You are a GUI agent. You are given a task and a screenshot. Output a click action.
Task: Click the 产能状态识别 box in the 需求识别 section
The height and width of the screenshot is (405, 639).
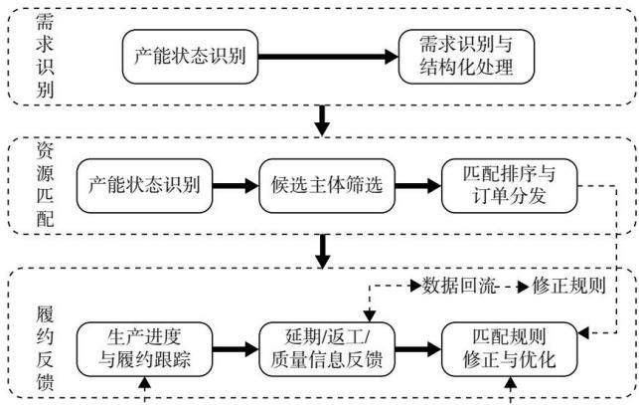coord(191,57)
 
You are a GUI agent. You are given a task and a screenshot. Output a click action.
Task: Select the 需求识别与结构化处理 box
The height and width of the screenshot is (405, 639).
coord(466,57)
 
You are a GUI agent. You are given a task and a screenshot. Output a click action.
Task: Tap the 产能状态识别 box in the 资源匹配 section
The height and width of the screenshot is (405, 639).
coord(145,186)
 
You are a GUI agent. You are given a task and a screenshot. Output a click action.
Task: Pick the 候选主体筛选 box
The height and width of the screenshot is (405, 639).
coord(327,186)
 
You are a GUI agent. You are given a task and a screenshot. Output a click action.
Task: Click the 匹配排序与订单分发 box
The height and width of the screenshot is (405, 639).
coord(510,186)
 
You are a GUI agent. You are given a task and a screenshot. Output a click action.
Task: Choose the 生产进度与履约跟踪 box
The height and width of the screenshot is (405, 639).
coord(145,349)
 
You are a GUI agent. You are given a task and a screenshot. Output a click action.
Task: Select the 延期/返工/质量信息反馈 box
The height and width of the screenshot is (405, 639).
coord(327,349)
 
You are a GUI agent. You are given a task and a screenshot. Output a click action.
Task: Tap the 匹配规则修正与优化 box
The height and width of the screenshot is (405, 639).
coord(510,349)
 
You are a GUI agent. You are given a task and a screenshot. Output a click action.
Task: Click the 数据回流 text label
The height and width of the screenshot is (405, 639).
coord(459,286)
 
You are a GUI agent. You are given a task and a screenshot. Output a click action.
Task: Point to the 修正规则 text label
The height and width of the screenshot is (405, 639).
coord(568,286)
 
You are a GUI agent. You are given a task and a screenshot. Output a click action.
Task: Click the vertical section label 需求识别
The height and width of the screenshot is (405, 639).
coord(45,56)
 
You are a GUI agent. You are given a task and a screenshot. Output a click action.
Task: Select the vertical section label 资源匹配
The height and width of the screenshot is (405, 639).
coord(45,185)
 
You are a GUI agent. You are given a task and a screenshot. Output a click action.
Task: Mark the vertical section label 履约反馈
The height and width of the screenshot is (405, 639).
coord(45,348)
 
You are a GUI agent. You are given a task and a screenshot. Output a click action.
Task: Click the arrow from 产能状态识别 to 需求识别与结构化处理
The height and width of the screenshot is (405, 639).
coord(328,57)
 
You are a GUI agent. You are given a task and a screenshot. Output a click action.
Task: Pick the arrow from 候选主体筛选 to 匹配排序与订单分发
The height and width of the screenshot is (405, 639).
coord(418,186)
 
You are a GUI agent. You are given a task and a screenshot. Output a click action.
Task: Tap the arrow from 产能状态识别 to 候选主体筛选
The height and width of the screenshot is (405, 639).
coord(236,186)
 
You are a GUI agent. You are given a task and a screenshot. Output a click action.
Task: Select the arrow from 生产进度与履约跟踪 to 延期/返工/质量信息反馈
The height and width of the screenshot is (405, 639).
coord(236,349)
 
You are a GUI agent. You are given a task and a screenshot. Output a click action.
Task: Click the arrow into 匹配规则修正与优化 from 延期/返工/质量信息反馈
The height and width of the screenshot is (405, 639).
coord(418,349)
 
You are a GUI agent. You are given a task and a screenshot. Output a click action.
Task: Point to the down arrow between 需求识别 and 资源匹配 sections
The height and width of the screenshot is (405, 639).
coord(323,120)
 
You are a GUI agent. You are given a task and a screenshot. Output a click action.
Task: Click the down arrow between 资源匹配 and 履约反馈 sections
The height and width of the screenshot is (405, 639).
coord(323,251)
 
